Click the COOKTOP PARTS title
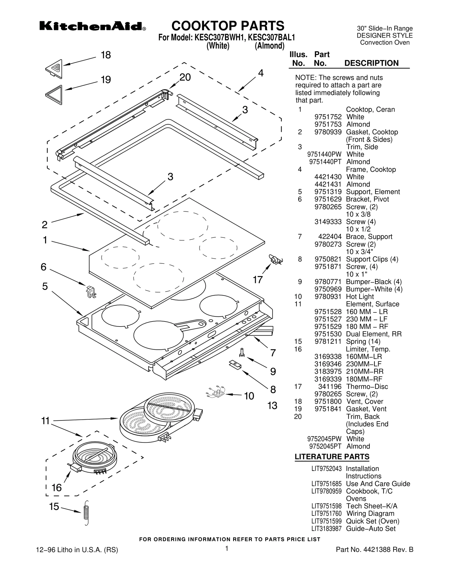coord(228,26)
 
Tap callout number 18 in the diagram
coord(106,55)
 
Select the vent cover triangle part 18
coord(55,69)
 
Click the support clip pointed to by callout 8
coord(235,365)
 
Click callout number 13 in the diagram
coord(272,406)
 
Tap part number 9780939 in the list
coord(328,132)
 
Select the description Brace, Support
coord(369,237)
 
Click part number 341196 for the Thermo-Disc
coord(330,387)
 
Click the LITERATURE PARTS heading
coord(332,457)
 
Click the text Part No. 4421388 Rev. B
coord(374,550)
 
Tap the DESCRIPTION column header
coord(371,63)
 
